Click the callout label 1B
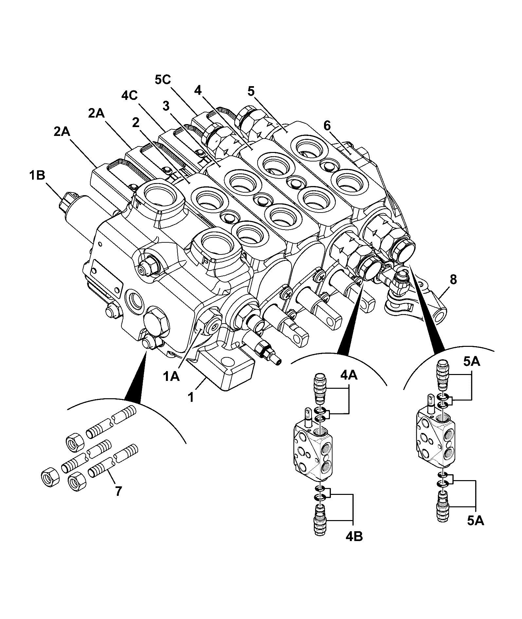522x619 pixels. pos(37,176)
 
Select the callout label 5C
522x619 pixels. pos(163,80)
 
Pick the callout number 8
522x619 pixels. pos(453,280)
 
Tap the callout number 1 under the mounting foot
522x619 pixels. pos(190,398)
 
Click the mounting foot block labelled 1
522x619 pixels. pos(226,367)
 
